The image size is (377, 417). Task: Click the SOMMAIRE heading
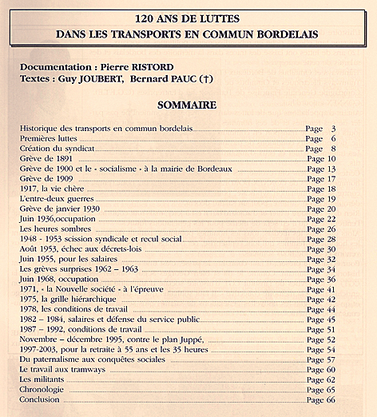pos(188,104)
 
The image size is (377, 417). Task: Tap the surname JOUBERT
pos(117,80)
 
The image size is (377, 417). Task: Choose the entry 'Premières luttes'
pos(49,138)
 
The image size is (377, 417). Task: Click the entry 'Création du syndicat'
pos(58,149)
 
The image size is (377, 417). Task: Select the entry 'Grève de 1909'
pos(48,179)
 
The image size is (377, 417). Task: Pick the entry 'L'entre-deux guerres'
pos(57,199)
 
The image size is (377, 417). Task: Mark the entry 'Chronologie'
pos(45,389)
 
